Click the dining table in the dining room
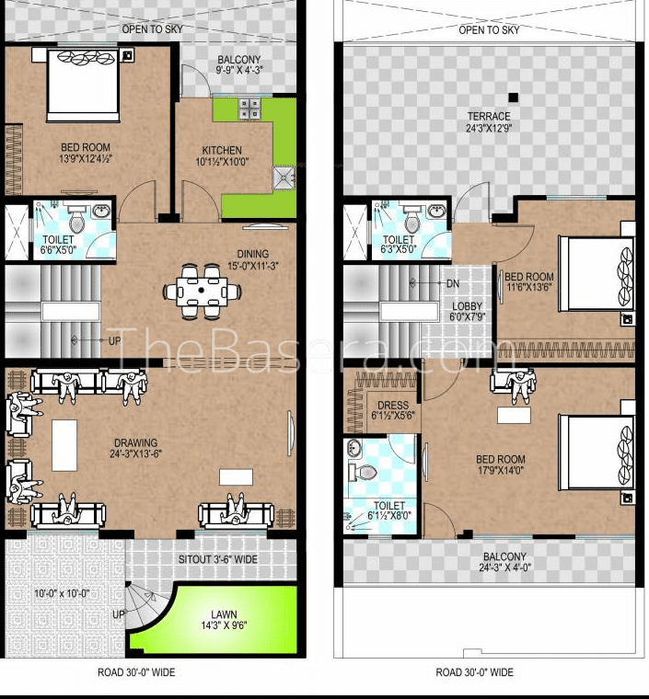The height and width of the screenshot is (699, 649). click(x=202, y=292)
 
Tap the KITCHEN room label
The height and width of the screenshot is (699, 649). click(x=222, y=150)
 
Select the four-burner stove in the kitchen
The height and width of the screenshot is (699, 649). click(x=249, y=109)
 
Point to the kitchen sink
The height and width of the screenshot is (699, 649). click(x=284, y=178)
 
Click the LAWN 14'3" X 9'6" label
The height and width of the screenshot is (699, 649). click(x=224, y=620)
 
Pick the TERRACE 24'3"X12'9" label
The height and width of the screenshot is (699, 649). click(x=489, y=122)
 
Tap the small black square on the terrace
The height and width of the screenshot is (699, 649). click(x=514, y=97)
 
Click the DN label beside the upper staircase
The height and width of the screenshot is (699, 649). click(x=453, y=283)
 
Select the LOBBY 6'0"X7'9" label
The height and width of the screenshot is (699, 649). click(x=467, y=312)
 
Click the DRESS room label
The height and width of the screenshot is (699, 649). click(x=393, y=406)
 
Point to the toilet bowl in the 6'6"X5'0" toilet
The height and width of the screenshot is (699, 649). click(x=76, y=221)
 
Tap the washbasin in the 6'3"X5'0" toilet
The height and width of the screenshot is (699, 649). click(x=436, y=211)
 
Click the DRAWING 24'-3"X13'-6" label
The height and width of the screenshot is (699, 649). click(x=135, y=449)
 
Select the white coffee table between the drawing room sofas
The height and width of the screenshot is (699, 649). click(x=64, y=445)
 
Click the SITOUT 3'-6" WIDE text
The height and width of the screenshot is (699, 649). click(x=217, y=559)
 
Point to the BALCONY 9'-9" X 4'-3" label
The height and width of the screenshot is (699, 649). click(x=239, y=64)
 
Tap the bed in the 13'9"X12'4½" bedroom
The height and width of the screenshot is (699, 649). click(x=83, y=86)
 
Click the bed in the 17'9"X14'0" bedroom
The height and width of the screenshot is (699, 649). click(x=597, y=452)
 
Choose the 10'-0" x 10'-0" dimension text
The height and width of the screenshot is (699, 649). click(x=62, y=593)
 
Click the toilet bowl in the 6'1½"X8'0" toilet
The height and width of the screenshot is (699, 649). click(x=362, y=472)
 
